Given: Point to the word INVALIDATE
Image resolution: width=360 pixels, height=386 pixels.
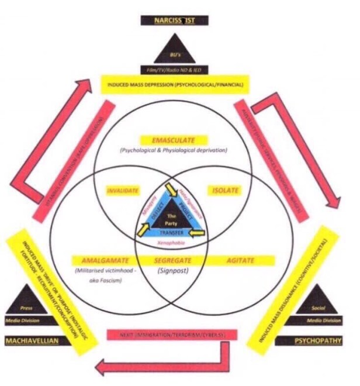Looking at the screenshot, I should pos(122,191).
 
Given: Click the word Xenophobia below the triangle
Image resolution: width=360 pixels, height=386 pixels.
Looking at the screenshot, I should pos(174,242).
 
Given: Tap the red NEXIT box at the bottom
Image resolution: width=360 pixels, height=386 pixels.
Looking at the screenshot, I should pos(174,335).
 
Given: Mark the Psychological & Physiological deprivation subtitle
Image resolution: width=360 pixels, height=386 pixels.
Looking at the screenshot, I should pos(174,150).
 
